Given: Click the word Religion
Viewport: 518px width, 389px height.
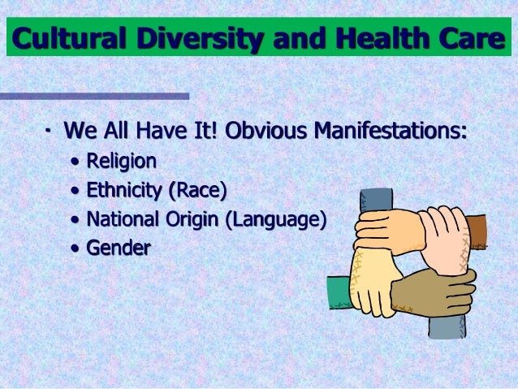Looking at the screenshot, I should [121, 161].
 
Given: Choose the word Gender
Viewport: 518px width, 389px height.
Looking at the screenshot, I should [118, 248].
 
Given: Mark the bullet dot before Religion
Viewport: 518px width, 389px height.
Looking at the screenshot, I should [76, 162].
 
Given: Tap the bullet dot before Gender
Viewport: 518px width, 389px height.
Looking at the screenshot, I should [76, 249].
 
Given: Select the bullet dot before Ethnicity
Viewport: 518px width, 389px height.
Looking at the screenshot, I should [76, 191].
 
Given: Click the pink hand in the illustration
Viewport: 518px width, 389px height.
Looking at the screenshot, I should [442, 240].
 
